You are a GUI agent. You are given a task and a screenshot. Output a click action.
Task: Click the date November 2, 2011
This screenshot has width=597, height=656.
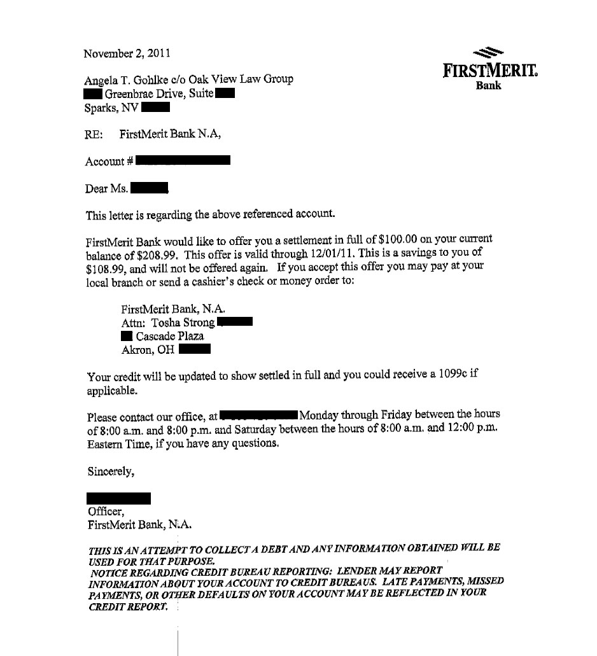[x=127, y=53]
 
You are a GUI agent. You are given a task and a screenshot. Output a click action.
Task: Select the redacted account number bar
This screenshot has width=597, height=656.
[x=183, y=160]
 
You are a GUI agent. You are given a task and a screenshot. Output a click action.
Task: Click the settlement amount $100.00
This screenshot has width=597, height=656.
[x=395, y=242]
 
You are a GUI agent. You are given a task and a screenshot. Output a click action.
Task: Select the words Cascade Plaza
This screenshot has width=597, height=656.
[x=170, y=336]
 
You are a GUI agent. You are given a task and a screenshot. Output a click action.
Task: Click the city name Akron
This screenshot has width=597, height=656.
[x=136, y=349]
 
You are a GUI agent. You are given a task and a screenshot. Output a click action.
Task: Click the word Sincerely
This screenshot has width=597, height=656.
[x=110, y=471]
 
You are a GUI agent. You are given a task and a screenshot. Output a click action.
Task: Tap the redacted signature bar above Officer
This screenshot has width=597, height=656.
[x=118, y=498]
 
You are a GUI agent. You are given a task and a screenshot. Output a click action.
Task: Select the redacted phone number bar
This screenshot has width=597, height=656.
[x=258, y=416]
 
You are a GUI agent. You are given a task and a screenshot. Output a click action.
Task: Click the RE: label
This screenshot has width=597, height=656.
[x=94, y=134]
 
